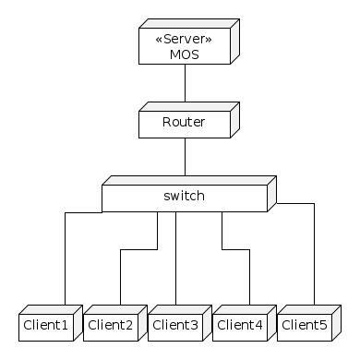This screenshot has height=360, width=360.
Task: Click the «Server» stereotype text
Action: click(x=184, y=40)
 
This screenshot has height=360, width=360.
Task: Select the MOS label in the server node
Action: click(x=184, y=54)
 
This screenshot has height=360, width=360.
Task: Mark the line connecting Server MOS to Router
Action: click(x=185, y=84)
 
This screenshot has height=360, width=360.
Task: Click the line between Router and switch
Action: click(x=185, y=157)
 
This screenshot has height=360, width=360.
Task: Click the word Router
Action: click(x=184, y=122)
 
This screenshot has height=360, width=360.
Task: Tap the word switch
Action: click(x=184, y=196)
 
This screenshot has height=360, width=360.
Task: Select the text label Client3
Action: click(x=175, y=325)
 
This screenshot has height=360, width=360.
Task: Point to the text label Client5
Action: click(x=305, y=325)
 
